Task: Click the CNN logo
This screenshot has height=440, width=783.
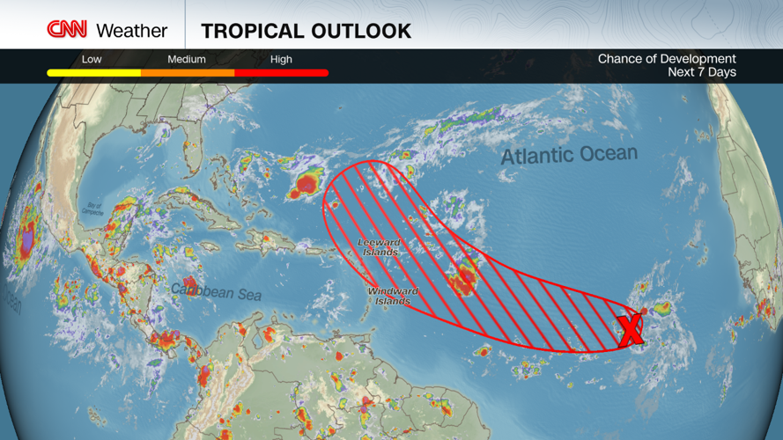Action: pos(67,30)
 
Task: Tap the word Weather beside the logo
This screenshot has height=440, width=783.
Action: pos(131,31)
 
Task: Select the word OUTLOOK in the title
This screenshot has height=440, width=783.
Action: pos(361,32)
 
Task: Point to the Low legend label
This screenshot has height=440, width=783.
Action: pos(92,59)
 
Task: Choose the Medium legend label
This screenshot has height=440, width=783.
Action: pos(187,59)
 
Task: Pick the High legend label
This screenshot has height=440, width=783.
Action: pos(281,59)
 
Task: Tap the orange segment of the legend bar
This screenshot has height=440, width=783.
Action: pos(188,73)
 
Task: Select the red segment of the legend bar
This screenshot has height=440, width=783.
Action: pos(282,73)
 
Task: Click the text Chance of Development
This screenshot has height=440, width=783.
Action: pos(667,59)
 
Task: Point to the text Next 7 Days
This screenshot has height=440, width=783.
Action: pos(702,72)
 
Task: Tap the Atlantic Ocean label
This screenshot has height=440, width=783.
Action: pos(568,156)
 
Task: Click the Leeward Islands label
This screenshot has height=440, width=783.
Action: pos(379,247)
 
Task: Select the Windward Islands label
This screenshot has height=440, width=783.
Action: pos(392,296)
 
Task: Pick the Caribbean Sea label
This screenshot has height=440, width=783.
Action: pos(216,290)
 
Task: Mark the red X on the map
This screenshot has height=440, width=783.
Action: pos(631,330)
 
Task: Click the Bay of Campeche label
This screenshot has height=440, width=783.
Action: pos(92,209)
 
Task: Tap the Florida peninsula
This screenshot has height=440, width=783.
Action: pos(196,158)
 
